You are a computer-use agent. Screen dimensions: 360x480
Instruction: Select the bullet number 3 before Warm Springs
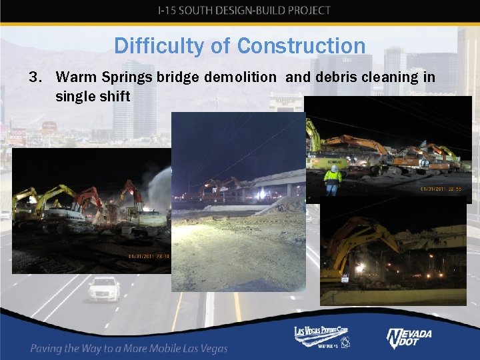[35, 77]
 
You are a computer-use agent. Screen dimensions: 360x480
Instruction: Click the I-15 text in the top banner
[170, 11]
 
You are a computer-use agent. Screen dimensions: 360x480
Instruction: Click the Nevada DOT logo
[409, 338]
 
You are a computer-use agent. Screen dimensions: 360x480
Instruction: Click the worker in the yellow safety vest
[332, 179]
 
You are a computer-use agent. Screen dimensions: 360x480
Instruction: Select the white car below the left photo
[103, 289]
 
